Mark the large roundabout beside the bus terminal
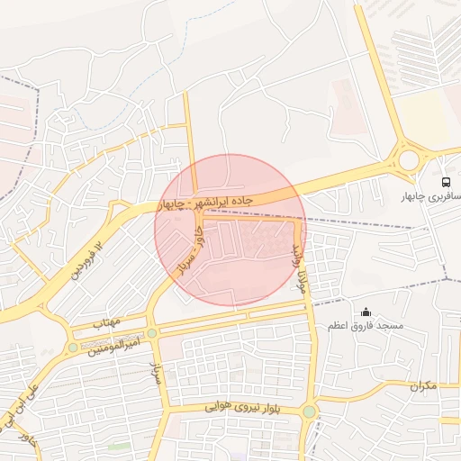coord(409,160)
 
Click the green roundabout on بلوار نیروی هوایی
coord(310,411)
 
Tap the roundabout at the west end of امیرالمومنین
coord(73,348)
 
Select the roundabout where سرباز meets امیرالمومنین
coord(152,333)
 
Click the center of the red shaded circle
coord(230,230)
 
